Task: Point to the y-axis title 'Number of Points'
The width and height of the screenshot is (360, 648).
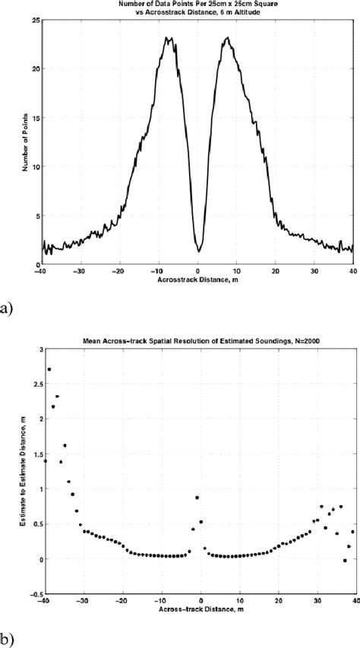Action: tap(25, 141)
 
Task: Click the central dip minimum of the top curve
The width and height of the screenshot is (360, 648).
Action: tap(198, 251)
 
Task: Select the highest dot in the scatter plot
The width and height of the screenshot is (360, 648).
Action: tap(49, 369)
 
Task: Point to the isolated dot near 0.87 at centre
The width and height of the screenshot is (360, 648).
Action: tap(197, 498)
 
